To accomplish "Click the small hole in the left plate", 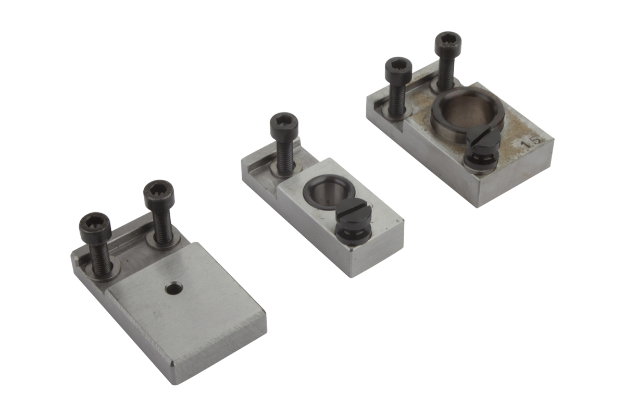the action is click(174, 288).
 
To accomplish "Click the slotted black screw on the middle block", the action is click(353, 224).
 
